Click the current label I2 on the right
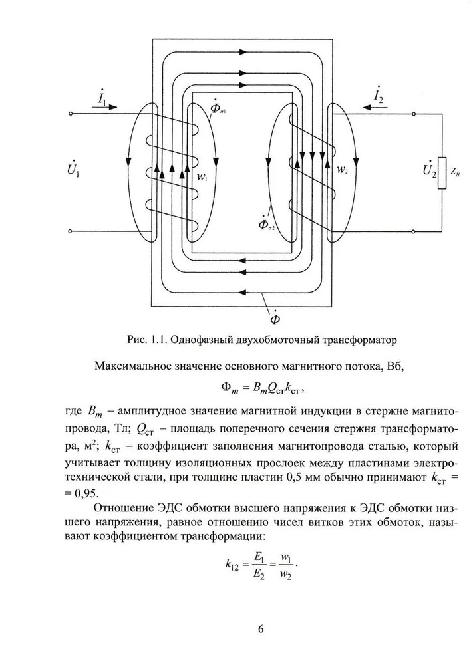(378, 97)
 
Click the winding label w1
(202, 179)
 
